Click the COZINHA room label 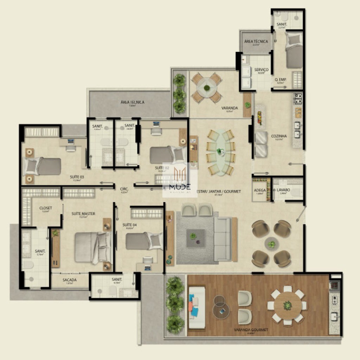pyautogui.click(x=279, y=136)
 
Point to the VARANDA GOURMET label pyautogui.click(x=251, y=330)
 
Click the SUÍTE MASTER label pyautogui.click(x=83, y=214)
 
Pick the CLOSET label pyautogui.click(x=46, y=208)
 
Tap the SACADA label pyautogui.click(x=70, y=280)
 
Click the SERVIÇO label pyautogui.click(x=261, y=70)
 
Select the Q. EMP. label pyautogui.click(x=280, y=79)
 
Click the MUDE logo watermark pyautogui.click(x=180, y=180)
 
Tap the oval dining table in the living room pyautogui.click(x=220, y=152)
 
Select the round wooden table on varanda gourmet pyautogui.click(x=288, y=305)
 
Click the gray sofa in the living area pyautogui.click(x=223, y=239)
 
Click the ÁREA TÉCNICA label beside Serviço pyautogui.click(x=256, y=41)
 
